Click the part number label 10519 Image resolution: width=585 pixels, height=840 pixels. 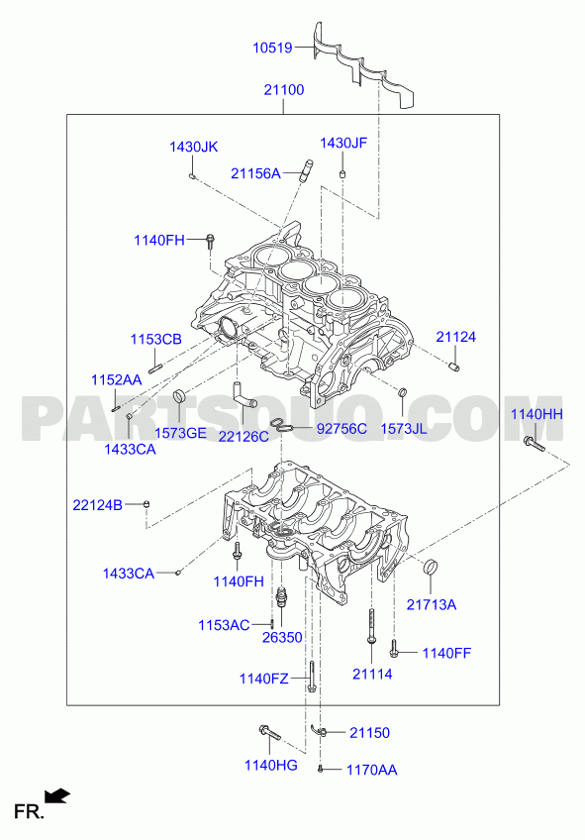pyautogui.click(x=272, y=48)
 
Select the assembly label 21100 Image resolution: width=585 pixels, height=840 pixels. pyautogui.click(x=284, y=90)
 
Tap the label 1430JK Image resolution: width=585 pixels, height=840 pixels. pyautogui.click(x=194, y=147)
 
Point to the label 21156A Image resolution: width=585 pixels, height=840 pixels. pyautogui.click(x=255, y=173)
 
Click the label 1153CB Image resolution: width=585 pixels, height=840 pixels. pyautogui.click(x=156, y=339)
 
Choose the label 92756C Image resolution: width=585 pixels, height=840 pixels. pyautogui.click(x=342, y=429)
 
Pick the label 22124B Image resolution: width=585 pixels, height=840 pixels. pyautogui.click(x=97, y=504)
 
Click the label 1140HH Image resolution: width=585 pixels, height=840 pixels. pyautogui.click(x=536, y=414)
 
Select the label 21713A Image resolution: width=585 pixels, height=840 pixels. pyautogui.click(x=432, y=605)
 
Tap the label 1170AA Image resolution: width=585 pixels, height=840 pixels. pyautogui.click(x=372, y=770)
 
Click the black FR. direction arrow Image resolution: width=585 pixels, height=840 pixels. pyautogui.click(x=57, y=795)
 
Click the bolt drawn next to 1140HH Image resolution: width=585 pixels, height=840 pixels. pyautogui.click(x=534, y=444)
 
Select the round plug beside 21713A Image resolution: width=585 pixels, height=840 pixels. pyautogui.click(x=431, y=567)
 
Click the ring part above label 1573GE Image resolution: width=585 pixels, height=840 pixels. pyautogui.click(x=180, y=397)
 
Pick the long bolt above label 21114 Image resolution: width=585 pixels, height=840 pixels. pyautogui.click(x=371, y=626)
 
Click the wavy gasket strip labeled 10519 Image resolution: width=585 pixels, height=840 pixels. pyautogui.click(x=364, y=67)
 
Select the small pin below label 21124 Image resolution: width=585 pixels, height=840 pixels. pyautogui.click(x=455, y=367)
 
